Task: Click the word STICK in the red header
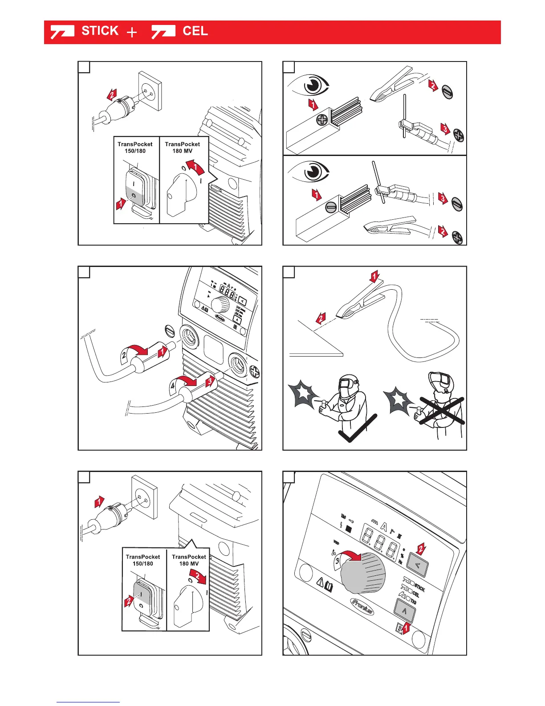point(100,31)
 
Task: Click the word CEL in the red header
point(195,31)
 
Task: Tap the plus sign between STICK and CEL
point(132,32)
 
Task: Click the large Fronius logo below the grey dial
point(362,606)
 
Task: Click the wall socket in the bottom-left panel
point(144,497)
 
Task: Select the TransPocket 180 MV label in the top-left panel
point(183,148)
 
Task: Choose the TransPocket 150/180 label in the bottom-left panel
point(143,560)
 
